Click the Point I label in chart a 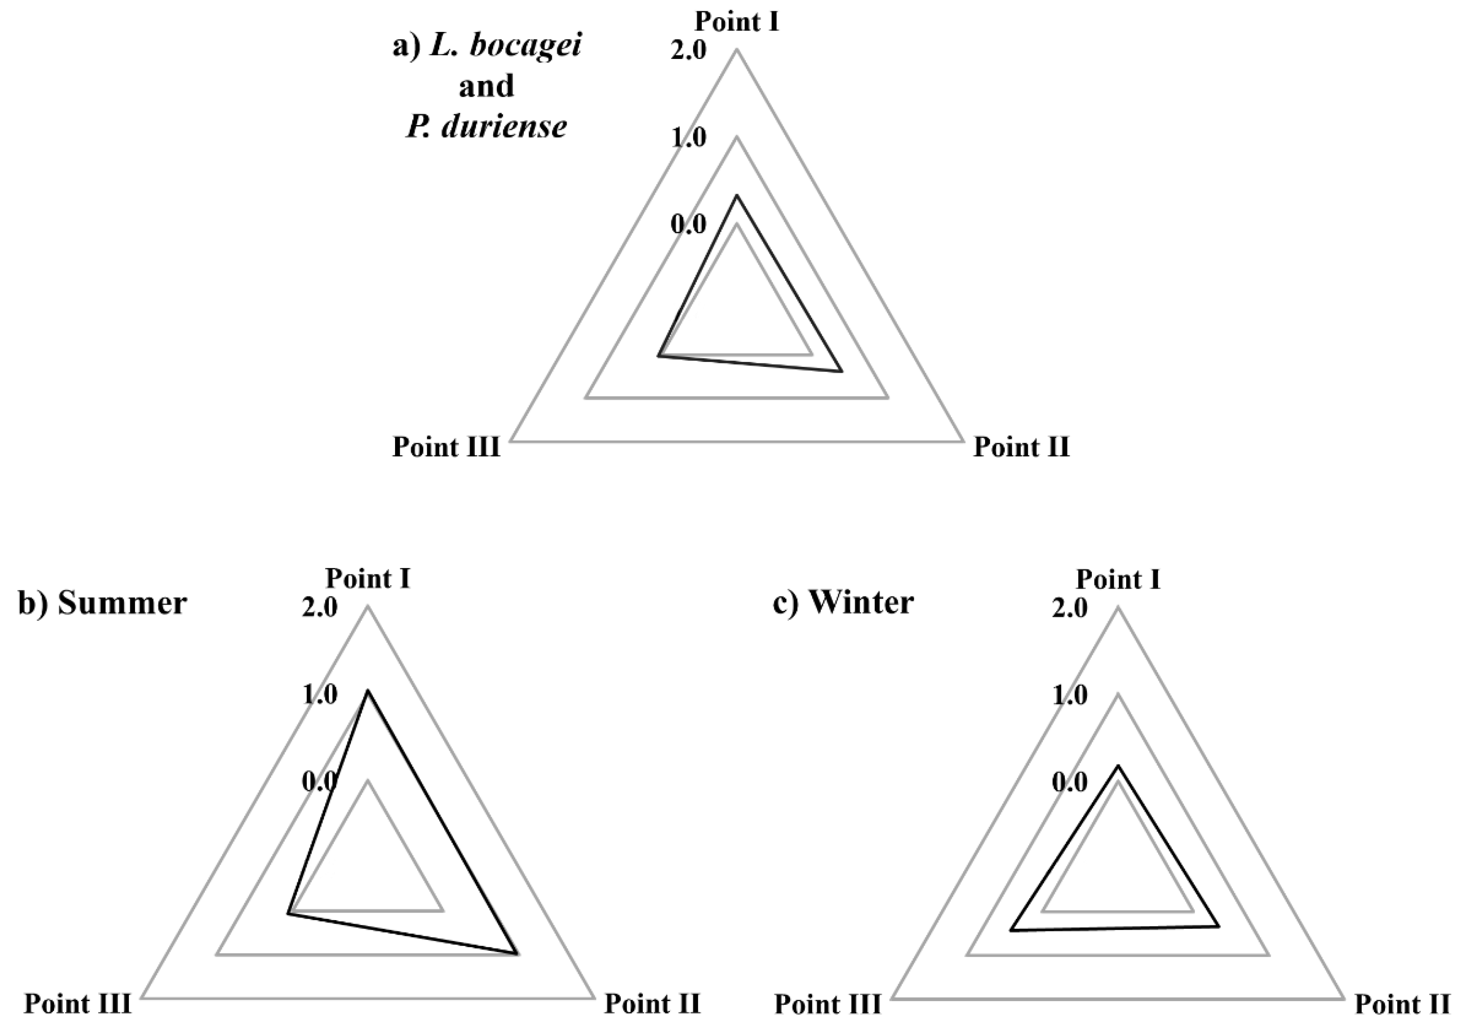click(736, 22)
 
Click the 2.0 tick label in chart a click(689, 50)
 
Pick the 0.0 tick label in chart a click(689, 224)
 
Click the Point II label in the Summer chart click(653, 1004)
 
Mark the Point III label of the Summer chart click(78, 1004)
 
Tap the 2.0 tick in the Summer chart click(320, 608)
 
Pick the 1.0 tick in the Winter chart click(1070, 696)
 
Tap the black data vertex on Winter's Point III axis click(1011, 931)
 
